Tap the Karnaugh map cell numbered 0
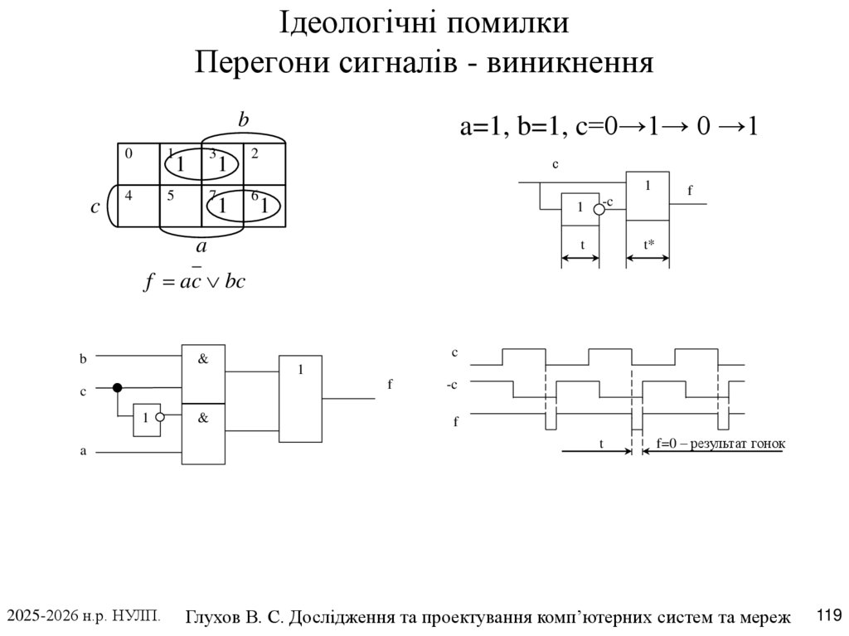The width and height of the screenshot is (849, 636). [x=138, y=163]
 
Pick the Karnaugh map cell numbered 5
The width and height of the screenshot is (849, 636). [x=180, y=205]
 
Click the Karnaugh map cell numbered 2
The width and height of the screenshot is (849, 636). [x=264, y=163]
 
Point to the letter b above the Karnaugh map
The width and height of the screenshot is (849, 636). [x=244, y=121]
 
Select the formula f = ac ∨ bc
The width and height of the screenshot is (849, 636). [x=196, y=281]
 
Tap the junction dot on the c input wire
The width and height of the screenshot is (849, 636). [x=118, y=387]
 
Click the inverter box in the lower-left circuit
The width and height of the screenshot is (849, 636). [x=146, y=419]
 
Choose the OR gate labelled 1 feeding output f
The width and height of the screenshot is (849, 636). [x=300, y=399]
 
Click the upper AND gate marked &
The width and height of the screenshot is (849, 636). [x=203, y=372]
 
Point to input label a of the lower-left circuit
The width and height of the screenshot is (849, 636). [x=83, y=452]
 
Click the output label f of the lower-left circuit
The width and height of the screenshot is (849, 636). [x=390, y=385]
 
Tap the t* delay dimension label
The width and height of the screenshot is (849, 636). [x=649, y=245]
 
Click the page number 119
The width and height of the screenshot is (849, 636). [x=829, y=615]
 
